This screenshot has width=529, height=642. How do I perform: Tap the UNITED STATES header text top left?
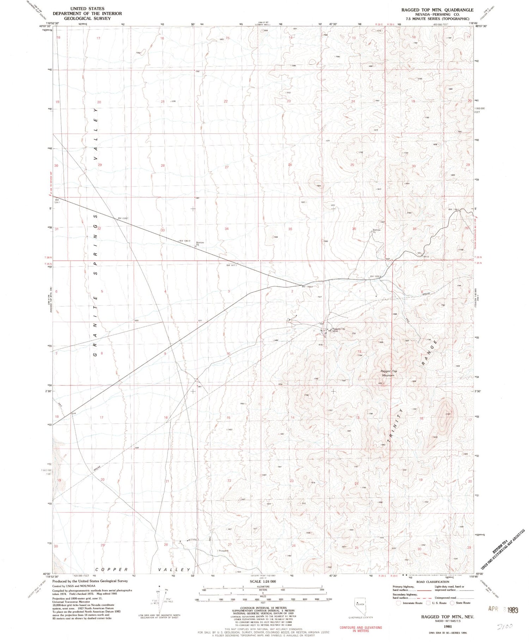(x=87, y=8)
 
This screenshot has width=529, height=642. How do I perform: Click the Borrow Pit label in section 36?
(x=376, y=231)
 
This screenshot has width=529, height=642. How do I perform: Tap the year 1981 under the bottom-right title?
(x=447, y=627)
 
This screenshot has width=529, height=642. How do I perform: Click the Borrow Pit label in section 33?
(x=200, y=244)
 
